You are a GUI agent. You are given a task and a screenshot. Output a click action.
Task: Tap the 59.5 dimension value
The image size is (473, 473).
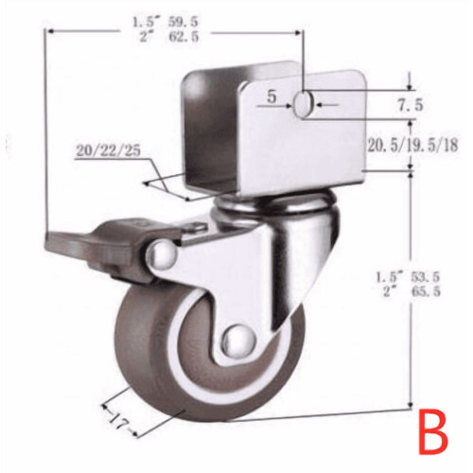click(x=184, y=23)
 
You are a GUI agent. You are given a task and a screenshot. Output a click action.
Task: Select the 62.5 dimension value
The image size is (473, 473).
click(x=184, y=37)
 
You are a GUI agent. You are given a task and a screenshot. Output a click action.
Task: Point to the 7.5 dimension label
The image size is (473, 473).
click(x=410, y=105)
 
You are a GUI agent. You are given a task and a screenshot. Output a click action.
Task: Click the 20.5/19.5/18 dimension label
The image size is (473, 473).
click(x=412, y=146)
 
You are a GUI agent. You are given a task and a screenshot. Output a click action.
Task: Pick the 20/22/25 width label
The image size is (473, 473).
click(x=108, y=151)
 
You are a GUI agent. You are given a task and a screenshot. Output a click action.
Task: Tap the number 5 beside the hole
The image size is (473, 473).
click(x=272, y=96)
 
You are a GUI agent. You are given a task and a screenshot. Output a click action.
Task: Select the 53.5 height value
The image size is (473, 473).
click(x=425, y=277)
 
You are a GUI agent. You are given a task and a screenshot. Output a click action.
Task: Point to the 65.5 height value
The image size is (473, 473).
click(x=425, y=292)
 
